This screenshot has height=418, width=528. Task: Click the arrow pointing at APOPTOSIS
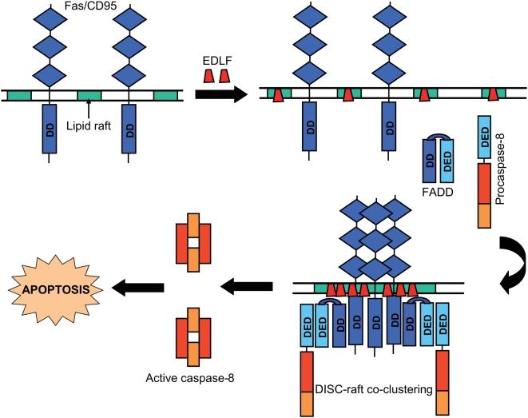(140, 285)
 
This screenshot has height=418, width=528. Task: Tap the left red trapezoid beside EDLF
(206, 75)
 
